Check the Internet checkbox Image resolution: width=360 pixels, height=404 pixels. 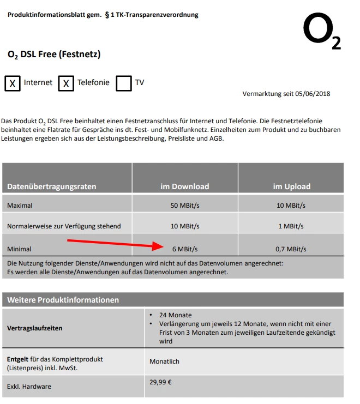[13, 83]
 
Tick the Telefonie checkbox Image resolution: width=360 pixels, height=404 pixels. [66, 83]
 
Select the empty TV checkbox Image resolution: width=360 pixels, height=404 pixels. [124, 83]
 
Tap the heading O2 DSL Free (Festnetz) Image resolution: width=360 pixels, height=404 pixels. [54, 55]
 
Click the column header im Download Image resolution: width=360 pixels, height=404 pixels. [184, 186]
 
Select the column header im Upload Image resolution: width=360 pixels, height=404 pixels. [291, 186]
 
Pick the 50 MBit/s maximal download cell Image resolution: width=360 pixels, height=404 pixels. [184, 206]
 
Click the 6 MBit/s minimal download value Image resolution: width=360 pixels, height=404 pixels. [184, 249]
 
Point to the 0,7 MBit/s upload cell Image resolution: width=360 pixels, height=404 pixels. [290, 249]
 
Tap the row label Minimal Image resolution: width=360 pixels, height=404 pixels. [19, 249]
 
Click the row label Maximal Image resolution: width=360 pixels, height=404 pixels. [20, 206]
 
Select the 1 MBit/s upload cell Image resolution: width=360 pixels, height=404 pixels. [290, 226]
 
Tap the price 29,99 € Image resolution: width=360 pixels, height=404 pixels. [160, 382]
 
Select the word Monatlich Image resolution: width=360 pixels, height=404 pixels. [164, 361]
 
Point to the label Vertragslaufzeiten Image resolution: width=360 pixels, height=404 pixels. [34, 328]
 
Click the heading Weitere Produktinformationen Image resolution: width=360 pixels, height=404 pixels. [63, 300]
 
